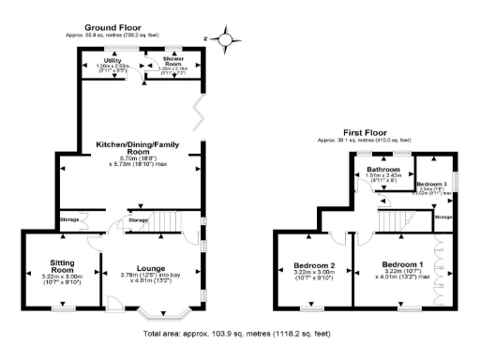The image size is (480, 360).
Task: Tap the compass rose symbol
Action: (x=225, y=39)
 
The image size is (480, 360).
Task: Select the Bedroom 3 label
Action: (x=432, y=184)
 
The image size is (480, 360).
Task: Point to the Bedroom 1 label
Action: (x=400, y=265)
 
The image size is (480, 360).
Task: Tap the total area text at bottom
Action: (x=236, y=333)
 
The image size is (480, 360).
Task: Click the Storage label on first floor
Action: (x=444, y=217)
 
